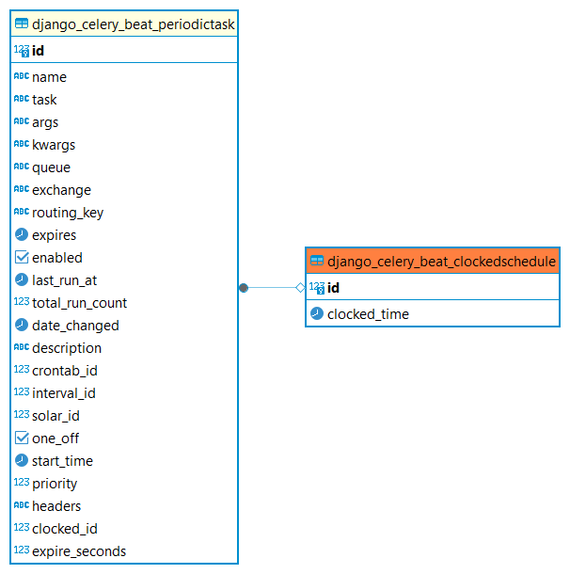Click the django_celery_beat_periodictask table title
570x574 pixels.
[133, 24]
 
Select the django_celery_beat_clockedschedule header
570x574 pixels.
[441, 262]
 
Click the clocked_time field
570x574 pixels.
[368, 314]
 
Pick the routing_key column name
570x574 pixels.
[68, 213]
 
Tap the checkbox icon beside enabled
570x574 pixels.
[22, 258]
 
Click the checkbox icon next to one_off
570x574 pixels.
[22, 438]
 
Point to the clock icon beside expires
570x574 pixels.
[22, 235]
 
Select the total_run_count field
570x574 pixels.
[79, 303]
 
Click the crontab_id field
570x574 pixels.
[64, 371]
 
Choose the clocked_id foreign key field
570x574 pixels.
[64, 529]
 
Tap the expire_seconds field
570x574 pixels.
[78, 551]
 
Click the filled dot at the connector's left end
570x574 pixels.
[244, 287]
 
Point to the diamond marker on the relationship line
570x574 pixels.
[300, 287]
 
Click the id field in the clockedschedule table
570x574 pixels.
[333, 288]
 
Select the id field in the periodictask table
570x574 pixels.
[38, 51]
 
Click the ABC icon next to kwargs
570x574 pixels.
[22, 145]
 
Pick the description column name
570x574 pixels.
[67, 348]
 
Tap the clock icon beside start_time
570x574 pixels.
[22, 461]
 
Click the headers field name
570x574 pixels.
[56, 506]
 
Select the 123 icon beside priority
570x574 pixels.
[22, 484]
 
